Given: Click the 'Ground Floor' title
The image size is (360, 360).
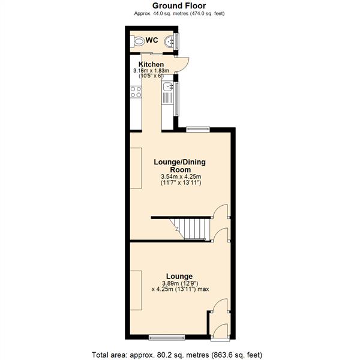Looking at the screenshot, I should (x=180, y=5).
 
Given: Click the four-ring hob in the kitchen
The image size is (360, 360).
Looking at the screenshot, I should (x=136, y=92).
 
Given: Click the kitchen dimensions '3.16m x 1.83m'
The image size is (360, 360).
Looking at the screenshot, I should (x=152, y=71).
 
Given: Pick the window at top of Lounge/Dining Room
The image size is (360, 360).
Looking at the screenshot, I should (x=197, y=128).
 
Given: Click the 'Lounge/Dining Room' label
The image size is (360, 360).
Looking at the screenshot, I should (x=180, y=165).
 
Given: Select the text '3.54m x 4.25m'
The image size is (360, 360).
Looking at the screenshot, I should (x=181, y=176).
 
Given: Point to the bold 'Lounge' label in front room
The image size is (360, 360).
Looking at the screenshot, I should (x=180, y=276).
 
